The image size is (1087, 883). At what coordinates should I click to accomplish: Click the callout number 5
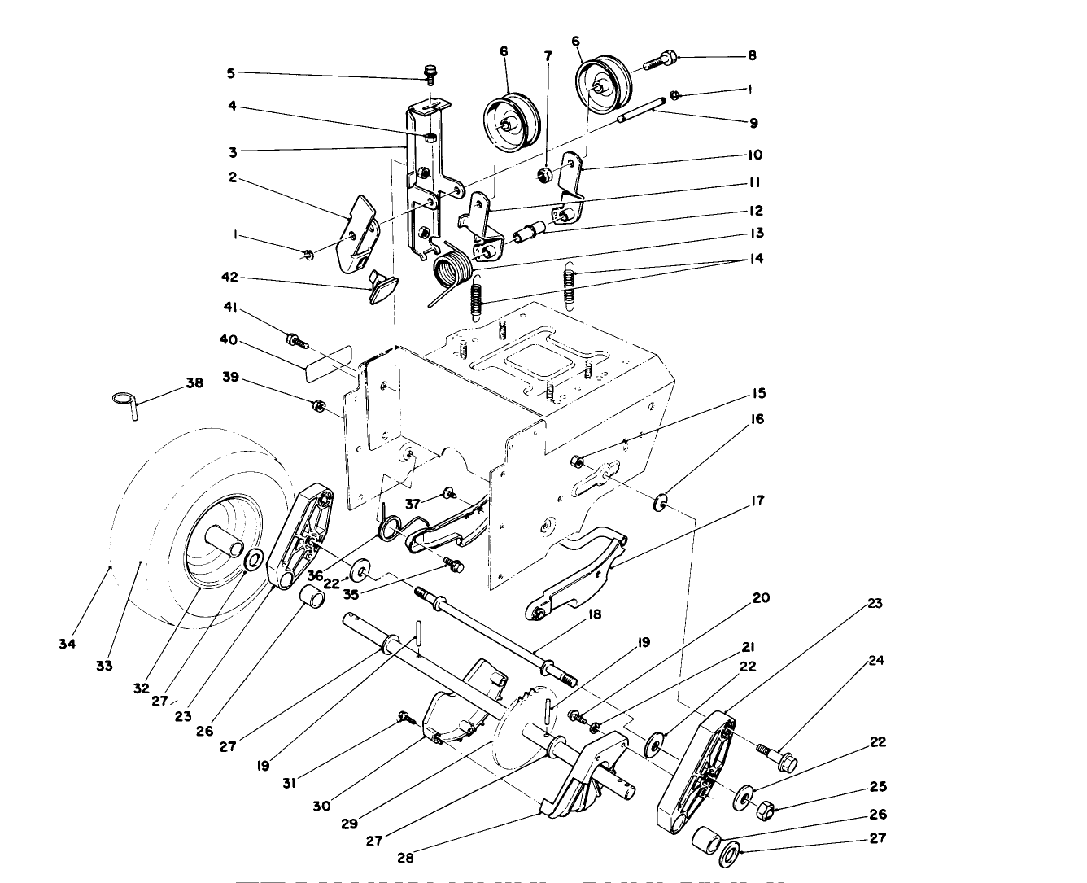(x=230, y=73)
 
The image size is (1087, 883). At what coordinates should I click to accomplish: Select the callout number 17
(x=757, y=501)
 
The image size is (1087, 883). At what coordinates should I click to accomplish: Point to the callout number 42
(x=230, y=278)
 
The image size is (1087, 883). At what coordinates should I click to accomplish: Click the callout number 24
(x=875, y=660)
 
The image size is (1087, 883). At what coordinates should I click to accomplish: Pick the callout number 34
(x=67, y=644)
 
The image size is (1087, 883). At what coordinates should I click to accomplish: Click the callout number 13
(x=757, y=233)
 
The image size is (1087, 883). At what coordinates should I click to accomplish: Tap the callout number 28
(x=404, y=858)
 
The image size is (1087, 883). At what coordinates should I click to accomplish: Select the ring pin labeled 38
(x=124, y=401)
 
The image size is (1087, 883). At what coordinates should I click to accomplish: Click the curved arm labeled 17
(x=578, y=574)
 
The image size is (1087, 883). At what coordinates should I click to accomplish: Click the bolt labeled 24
(x=777, y=758)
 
